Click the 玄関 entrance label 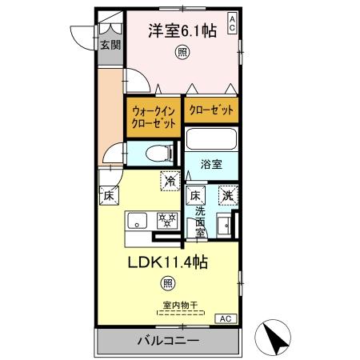pyautogui.click(x=110, y=45)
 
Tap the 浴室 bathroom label pyautogui.click(x=211, y=165)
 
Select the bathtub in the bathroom pyautogui.click(x=212, y=141)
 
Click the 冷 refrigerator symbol pyautogui.click(x=170, y=182)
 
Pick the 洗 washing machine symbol pyautogui.click(x=229, y=194)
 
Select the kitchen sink pyautogui.click(x=135, y=220)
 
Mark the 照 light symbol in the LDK pyautogui.click(x=167, y=282)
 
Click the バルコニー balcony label pyautogui.click(x=169, y=342)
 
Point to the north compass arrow pyautogui.click(x=278, y=338)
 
